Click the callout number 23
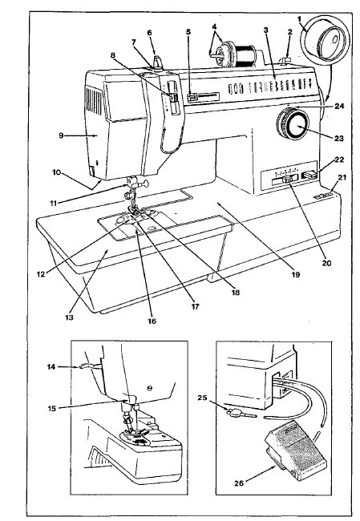[x=338, y=138]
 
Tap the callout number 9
[x=61, y=135]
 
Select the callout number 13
[x=69, y=317]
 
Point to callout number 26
[x=239, y=483]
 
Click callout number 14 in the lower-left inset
[x=51, y=367]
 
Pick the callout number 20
[x=327, y=263]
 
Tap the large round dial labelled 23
[x=293, y=124]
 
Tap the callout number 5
[x=188, y=32]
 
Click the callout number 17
[x=195, y=307]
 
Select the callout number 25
[x=202, y=398]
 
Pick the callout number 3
[x=265, y=30]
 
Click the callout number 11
[x=53, y=204]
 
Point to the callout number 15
[x=52, y=408]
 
